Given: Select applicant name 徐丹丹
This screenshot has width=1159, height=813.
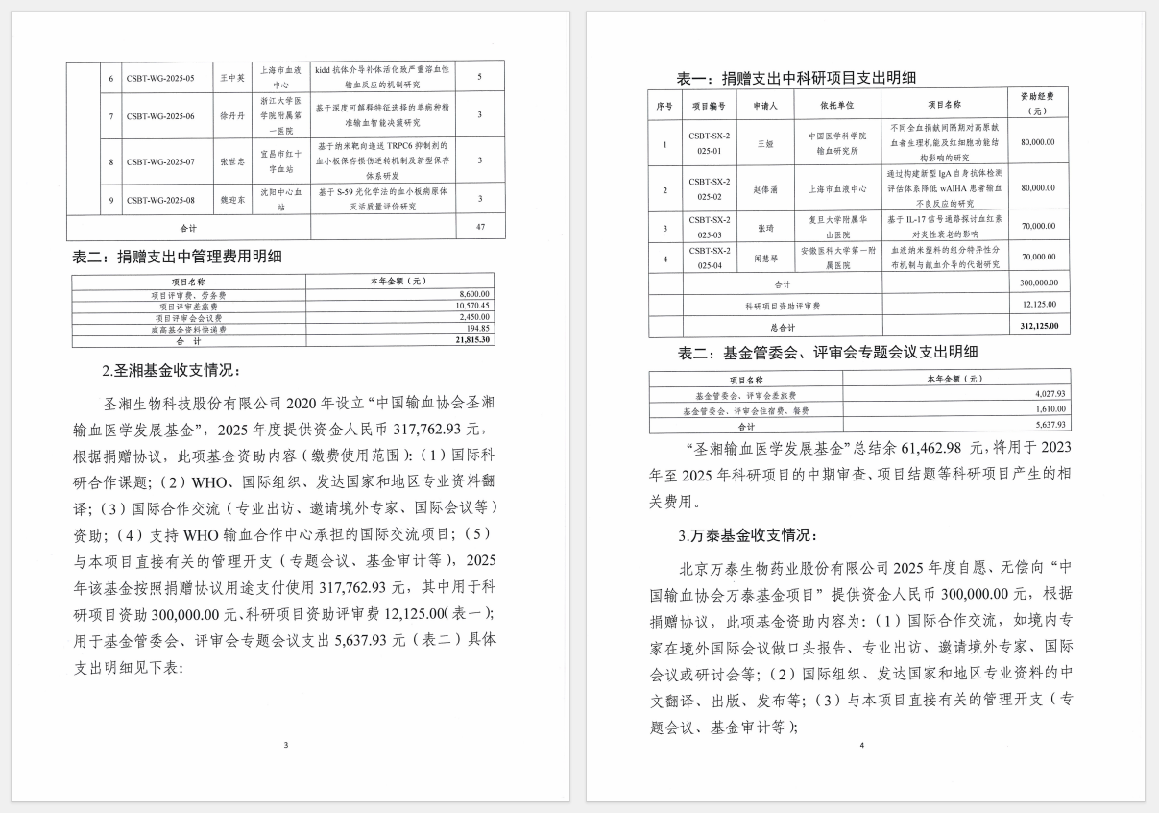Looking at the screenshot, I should coord(227,116).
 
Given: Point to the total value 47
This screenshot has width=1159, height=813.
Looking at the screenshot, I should coord(478,229).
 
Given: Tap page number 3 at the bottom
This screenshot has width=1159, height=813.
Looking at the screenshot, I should coord(286,745).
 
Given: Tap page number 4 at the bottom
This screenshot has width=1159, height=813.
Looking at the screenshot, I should coord(861,745).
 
